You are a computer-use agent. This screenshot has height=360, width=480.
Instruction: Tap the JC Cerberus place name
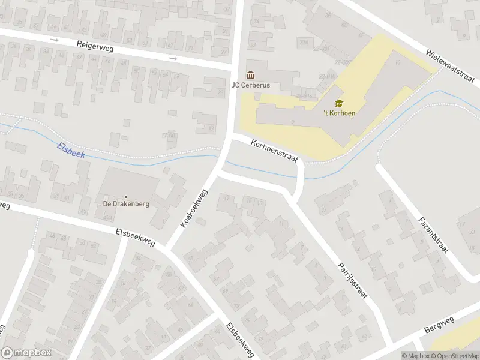251,85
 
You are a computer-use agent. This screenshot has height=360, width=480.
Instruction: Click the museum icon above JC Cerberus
250,75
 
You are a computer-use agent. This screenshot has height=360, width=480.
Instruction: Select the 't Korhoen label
339,113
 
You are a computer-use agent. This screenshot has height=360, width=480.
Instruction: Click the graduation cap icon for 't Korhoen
339,103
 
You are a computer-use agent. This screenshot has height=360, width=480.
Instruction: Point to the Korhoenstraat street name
275,148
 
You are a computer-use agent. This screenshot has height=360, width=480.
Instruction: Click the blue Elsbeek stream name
73,151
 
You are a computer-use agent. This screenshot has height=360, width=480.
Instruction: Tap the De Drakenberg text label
126,204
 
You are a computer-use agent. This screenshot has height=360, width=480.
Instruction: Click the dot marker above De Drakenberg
126,196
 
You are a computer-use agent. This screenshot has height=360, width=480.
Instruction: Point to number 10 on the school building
398,62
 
